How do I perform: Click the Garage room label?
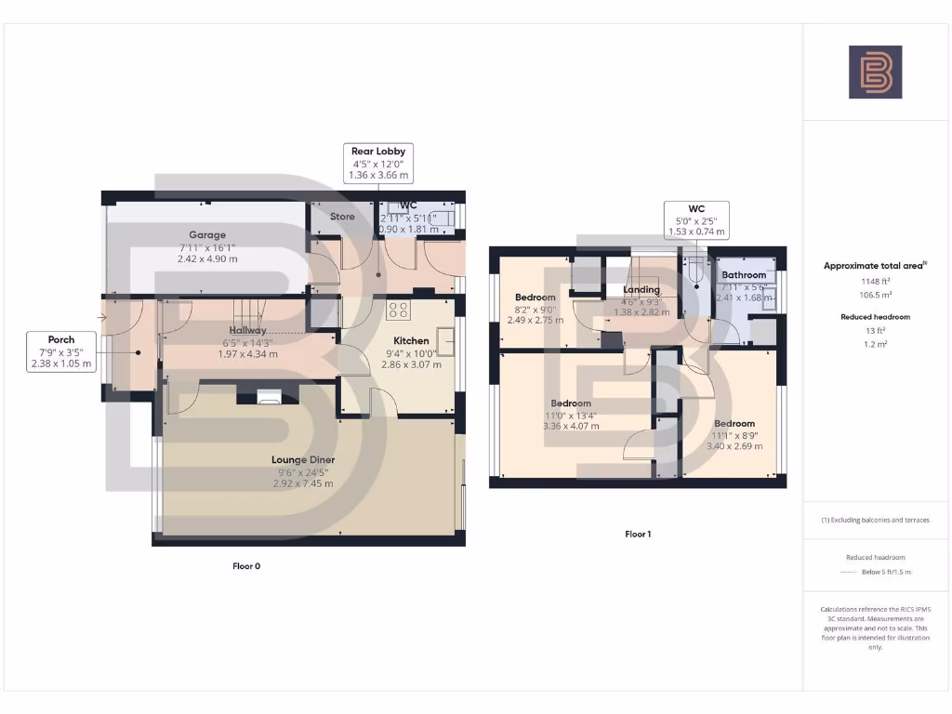(x=207, y=235)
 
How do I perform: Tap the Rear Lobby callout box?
(x=378, y=163)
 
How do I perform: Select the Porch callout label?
(x=61, y=351)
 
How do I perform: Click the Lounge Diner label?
(x=303, y=459)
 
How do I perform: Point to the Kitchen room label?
(x=411, y=340)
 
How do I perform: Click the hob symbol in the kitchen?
(x=399, y=309)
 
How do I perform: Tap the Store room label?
(x=342, y=217)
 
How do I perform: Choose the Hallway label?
(x=248, y=330)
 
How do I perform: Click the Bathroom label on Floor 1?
(x=744, y=275)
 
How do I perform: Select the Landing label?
(x=641, y=290)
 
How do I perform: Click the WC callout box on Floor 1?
(x=695, y=220)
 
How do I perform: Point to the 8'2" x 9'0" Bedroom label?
(x=535, y=297)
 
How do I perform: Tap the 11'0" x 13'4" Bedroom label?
(x=570, y=403)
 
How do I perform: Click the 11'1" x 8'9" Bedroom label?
(x=734, y=423)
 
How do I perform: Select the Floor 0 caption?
(x=245, y=565)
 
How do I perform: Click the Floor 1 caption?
(x=637, y=535)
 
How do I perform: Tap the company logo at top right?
(x=875, y=73)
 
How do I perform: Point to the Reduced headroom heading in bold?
(x=875, y=317)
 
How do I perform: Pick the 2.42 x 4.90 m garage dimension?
(x=207, y=258)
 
